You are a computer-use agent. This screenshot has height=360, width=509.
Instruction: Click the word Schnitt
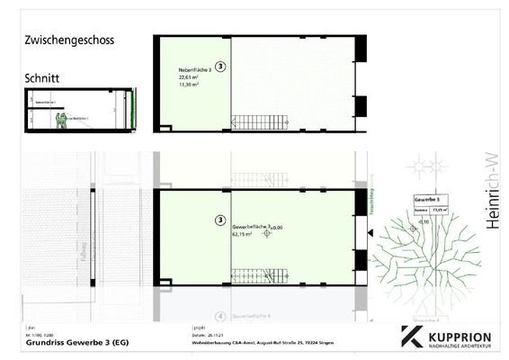click(x=47, y=78)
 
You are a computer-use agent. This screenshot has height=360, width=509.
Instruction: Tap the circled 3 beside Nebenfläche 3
click(x=221, y=67)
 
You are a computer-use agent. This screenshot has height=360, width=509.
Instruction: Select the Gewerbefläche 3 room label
click(x=255, y=226)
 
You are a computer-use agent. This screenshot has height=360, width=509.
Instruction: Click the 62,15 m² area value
click(x=244, y=234)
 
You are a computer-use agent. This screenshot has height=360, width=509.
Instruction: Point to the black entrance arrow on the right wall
click(x=370, y=233)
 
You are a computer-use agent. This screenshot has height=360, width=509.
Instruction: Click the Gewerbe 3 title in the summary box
click(x=426, y=198)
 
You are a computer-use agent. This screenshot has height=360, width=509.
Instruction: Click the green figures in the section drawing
click(x=60, y=120)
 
